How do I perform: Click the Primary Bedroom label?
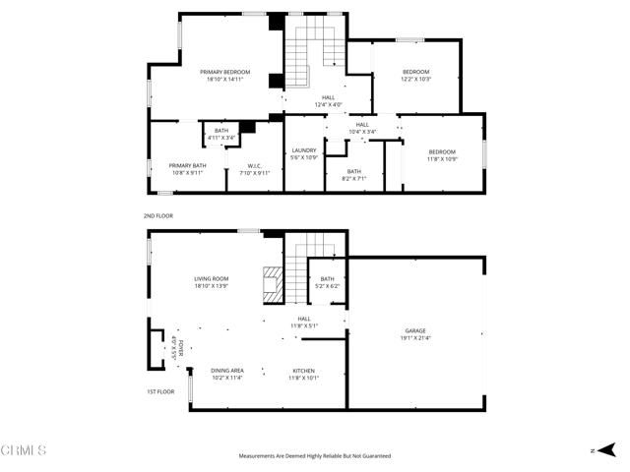pos(225,72)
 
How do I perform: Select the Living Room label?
pos(212,279)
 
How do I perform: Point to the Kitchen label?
pos(304,370)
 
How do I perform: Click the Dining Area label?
pos(226,370)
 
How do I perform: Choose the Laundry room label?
pos(303,150)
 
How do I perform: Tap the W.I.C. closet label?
pos(254,165)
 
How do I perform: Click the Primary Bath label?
pos(187,165)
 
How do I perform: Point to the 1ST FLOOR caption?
pos(160,391)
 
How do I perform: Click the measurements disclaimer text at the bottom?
pos(315,456)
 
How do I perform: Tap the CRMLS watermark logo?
pos(24,450)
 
